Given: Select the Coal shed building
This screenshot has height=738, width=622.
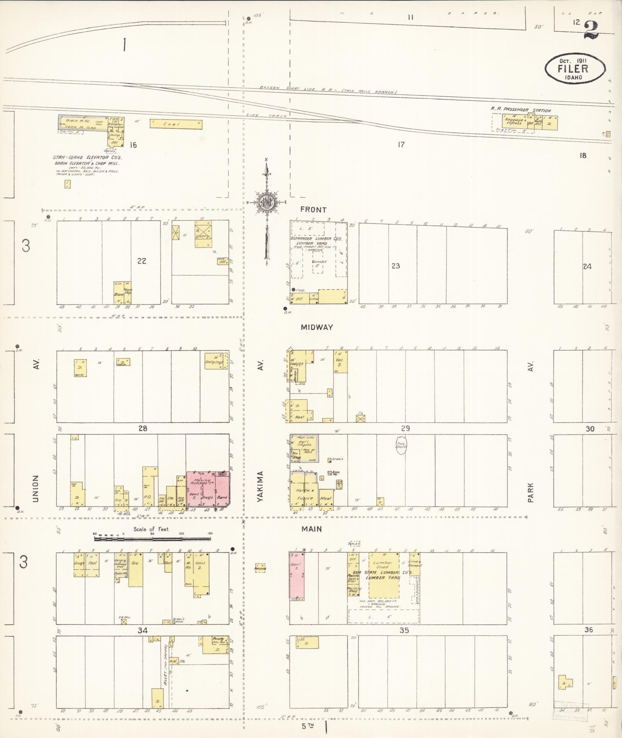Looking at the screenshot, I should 176,124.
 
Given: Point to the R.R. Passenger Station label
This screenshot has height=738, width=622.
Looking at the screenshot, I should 521,110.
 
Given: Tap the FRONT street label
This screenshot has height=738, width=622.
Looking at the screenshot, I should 313,210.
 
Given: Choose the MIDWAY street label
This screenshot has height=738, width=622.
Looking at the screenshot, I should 317,327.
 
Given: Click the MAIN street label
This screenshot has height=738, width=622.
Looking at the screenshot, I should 312,529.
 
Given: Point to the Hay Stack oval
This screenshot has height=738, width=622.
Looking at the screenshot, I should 401,446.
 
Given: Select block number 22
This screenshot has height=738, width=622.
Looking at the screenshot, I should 142,261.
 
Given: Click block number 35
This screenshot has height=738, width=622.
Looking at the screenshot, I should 404,630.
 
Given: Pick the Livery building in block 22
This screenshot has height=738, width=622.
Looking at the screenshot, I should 203,234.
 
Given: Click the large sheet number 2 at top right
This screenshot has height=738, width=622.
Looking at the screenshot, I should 591,30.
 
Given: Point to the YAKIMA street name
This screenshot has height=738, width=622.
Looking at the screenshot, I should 261,486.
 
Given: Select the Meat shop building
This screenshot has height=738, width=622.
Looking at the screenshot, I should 326,497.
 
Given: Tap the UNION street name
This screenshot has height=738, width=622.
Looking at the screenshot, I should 35,488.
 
